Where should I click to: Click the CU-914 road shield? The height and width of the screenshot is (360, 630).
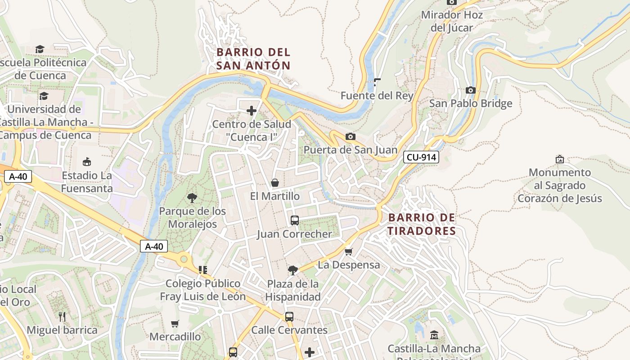pyautogui.click(x=421, y=157)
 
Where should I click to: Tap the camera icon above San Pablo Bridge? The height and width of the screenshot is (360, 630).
pyautogui.click(x=471, y=90)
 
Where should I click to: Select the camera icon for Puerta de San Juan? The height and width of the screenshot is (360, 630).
pyautogui.click(x=350, y=137)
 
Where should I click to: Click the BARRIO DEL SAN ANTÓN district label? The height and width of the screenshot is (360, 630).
pyautogui.click(x=253, y=59)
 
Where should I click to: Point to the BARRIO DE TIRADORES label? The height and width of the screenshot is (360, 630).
pyautogui.click(x=422, y=224)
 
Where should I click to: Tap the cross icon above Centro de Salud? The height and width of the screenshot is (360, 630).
pyautogui.click(x=252, y=111)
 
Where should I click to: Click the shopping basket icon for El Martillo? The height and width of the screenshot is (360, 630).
pyautogui.click(x=274, y=183)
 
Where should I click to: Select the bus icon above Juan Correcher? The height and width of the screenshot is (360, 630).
pyautogui.click(x=295, y=220)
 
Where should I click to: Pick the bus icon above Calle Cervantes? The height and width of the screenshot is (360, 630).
pyautogui.click(x=289, y=317)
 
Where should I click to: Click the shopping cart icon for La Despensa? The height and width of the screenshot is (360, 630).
pyautogui.click(x=348, y=252)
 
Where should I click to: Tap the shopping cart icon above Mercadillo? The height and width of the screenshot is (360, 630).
pyautogui.click(x=175, y=324)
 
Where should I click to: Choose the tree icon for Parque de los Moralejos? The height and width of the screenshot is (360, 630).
pyautogui.click(x=192, y=198)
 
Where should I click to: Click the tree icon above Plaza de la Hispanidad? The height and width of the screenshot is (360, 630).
pyautogui.click(x=292, y=270)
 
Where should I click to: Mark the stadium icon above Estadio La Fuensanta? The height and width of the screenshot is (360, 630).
pyautogui.click(x=87, y=162)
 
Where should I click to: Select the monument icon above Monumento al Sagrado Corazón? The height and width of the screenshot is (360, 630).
pyautogui.click(x=559, y=159)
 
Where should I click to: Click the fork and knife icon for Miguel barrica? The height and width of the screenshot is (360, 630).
pyautogui.click(x=62, y=317)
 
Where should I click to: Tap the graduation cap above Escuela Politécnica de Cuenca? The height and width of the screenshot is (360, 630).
pyautogui.click(x=40, y=49)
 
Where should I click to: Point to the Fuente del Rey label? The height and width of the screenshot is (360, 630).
pyautogui.click(x=377, y=95)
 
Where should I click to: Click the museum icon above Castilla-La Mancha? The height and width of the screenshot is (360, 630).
pyautogui.click(x=434, y=335)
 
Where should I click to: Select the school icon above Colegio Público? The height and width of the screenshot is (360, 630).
pyautogui.click(x=203, y=270)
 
